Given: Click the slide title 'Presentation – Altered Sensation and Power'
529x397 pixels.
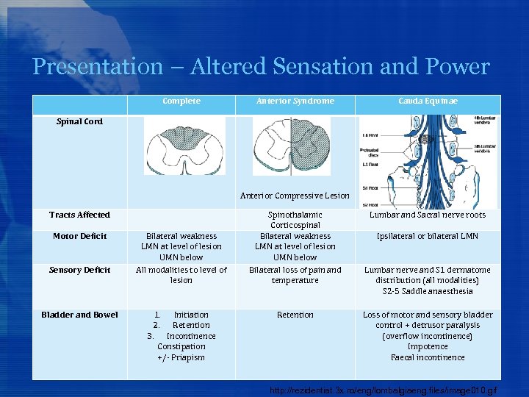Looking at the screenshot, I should click(261, 67).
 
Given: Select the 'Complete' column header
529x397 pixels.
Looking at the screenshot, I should click(181, 101).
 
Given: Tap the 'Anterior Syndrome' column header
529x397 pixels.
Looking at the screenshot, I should click(295, 101).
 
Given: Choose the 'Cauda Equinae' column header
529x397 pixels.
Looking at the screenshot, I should click(428, 101).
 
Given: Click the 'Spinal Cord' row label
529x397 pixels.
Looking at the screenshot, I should click(80, 121).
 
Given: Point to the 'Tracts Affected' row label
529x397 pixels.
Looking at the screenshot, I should click(79, 215).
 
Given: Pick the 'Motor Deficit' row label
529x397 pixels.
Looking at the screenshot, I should click(79, 236).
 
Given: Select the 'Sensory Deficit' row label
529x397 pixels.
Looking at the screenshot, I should click(79, 270).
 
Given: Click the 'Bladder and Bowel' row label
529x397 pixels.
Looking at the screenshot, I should click(79, 315).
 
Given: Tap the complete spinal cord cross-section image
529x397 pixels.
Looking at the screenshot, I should click(184, 146).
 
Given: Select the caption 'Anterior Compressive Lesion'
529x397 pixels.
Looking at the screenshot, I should click(295, 196).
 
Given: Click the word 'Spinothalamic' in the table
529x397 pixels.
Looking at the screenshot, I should click(295, 215).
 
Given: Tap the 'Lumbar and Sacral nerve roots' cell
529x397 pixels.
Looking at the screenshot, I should click(428, 215).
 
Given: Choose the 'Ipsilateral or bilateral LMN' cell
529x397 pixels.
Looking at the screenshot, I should click(428, 236).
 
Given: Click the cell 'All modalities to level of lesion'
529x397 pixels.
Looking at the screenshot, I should click(181, 275).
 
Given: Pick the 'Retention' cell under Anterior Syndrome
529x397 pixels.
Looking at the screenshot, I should click(295, 315).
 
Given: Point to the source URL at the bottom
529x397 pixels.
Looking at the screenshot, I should click(384, 389).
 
